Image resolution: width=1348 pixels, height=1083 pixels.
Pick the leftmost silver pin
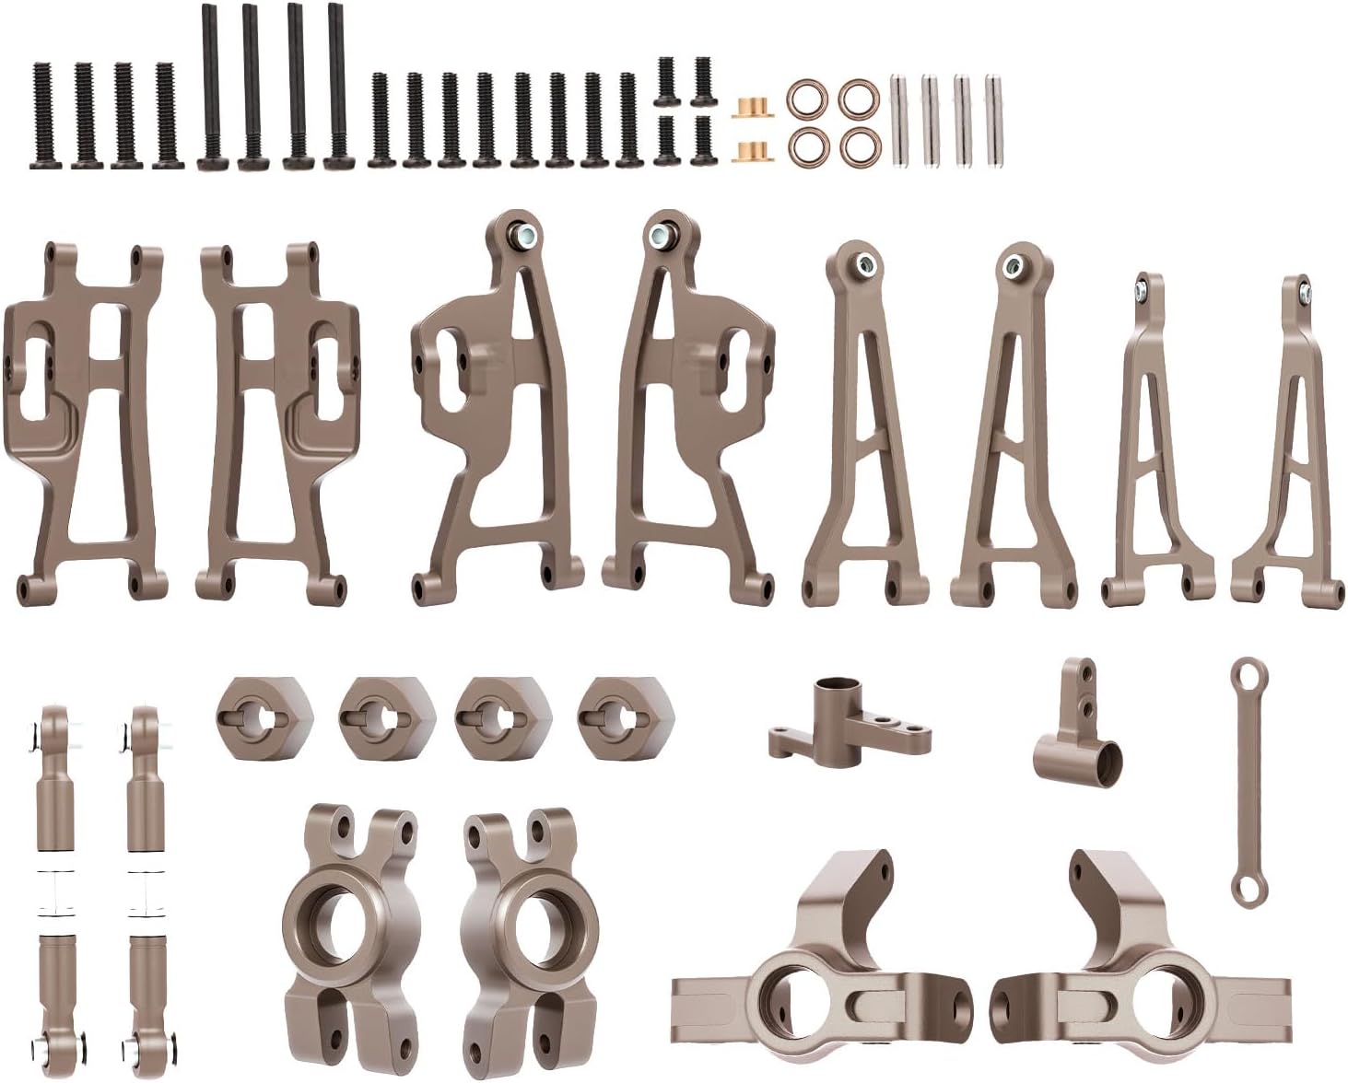tap(901, 121)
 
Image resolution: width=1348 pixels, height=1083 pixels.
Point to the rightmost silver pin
tap(993, 121)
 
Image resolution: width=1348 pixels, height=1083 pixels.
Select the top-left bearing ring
tap(805, 97)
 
